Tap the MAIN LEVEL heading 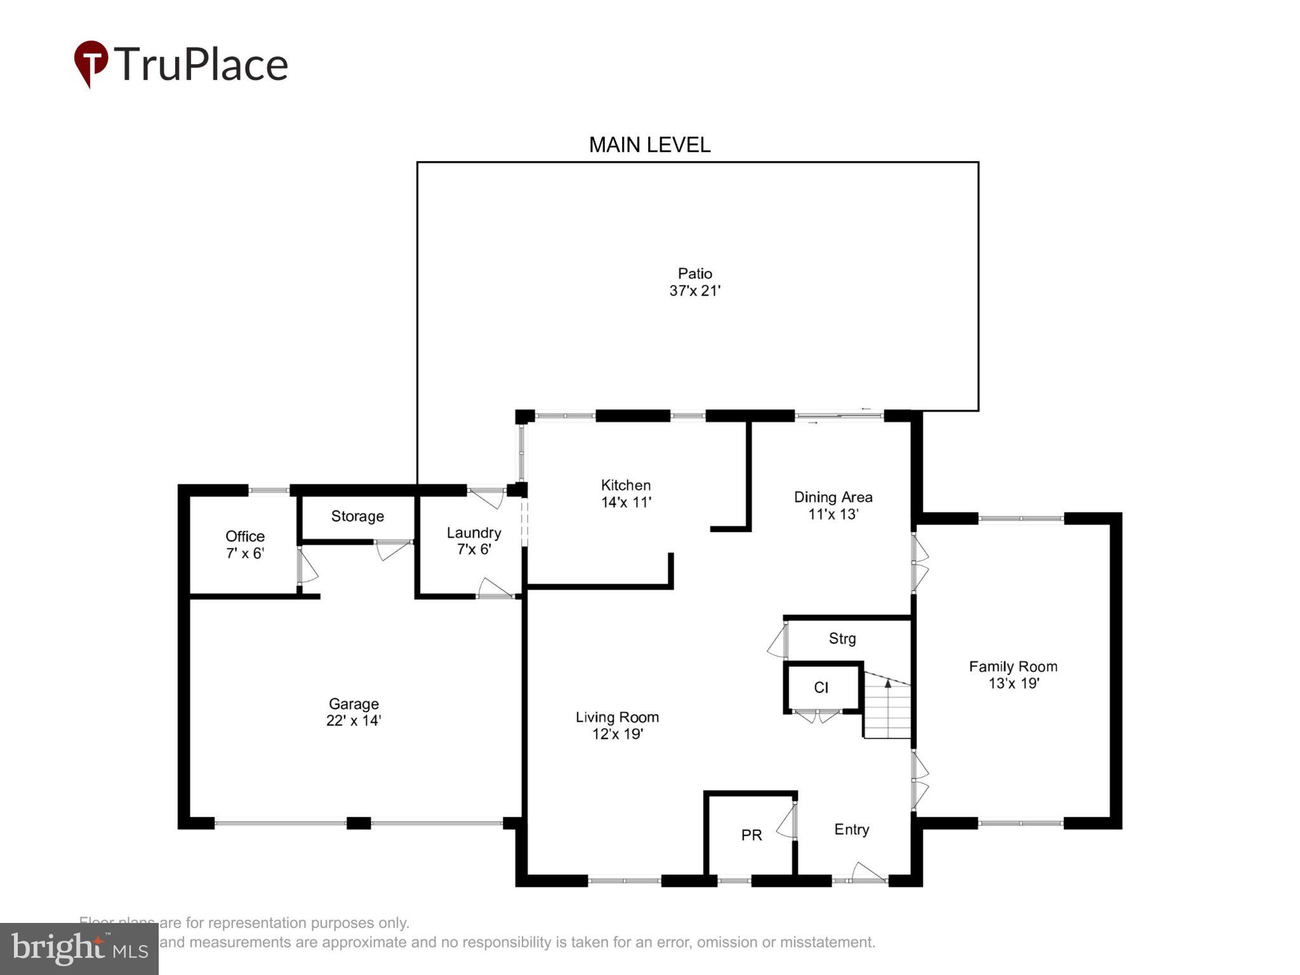tap(649, 145)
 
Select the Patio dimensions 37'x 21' tap(694, 291)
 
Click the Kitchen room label tap(625, 486)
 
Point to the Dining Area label tap(833, 497)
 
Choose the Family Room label tap(1012, 667)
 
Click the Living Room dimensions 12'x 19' tap(618, 734)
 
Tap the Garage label tap(354, 703)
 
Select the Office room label tap(245, 536)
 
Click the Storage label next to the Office tap(357, 516)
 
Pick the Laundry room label tap(474, 533)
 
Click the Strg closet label tap(842, 639)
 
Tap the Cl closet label tap(821, 687)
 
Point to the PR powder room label tap(752, 835)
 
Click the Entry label tap(851, 830)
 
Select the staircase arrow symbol tap(887, 684)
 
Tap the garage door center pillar tap(359, 823)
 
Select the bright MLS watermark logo tap(79, 948)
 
